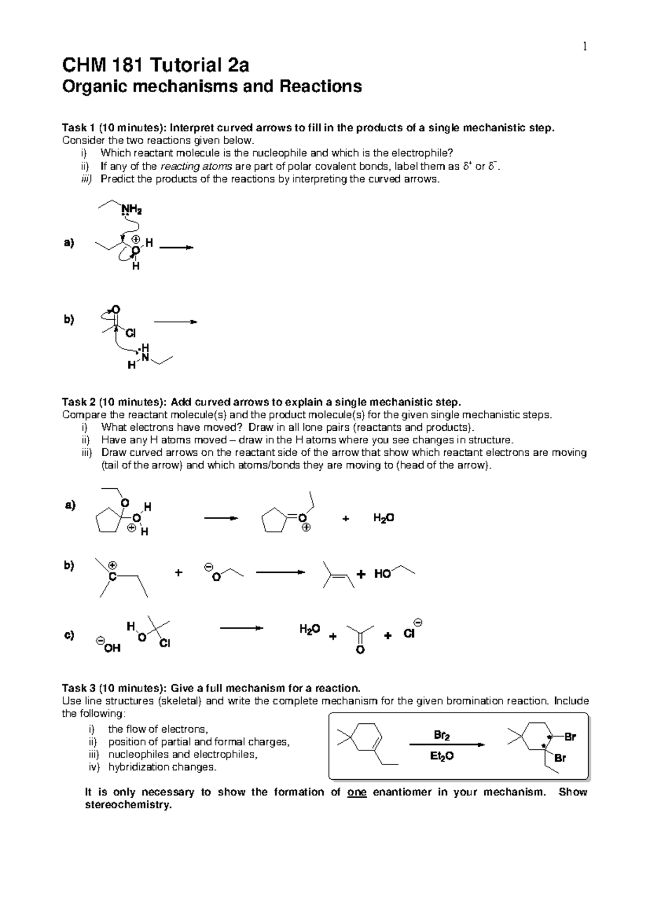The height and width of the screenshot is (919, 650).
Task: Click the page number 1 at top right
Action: tap(584, 47)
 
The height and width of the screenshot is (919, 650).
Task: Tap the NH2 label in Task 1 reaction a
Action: tap(132, 209)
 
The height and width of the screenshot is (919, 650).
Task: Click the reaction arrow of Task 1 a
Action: tap(176, 248)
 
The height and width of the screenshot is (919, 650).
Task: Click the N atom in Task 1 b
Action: tap(145, 357)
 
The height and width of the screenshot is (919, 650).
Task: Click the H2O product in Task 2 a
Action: tap(383, 518)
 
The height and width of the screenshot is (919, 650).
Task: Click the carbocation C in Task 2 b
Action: tap(112, 577)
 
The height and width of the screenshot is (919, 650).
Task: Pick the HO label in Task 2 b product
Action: tap(382, 574)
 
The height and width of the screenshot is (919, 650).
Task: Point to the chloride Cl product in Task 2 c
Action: tap(409, 633)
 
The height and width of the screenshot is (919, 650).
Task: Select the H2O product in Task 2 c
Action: tap(310, 629)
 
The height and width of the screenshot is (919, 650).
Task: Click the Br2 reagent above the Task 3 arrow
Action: tap(441, 735)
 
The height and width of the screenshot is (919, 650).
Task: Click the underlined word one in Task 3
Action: tap(357, 792)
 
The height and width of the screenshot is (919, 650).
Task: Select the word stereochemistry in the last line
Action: tap(128, 805)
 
